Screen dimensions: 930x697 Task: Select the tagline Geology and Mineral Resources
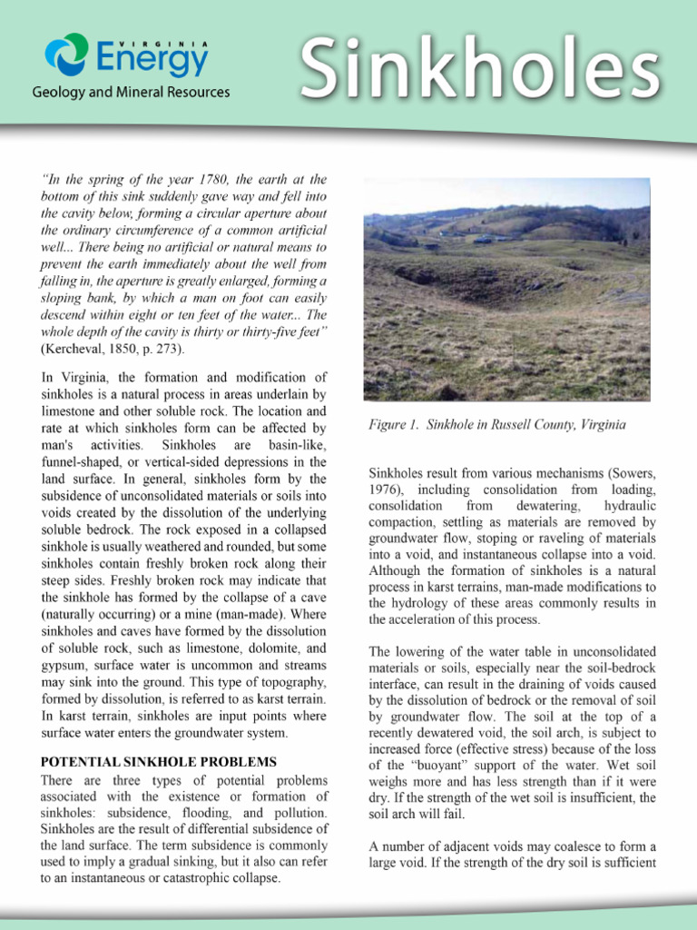click(132, 93)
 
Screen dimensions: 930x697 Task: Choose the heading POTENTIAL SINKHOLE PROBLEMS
click(159, 761)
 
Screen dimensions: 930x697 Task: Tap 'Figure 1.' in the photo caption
click(394, 424)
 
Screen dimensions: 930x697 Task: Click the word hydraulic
click(629, 505)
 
